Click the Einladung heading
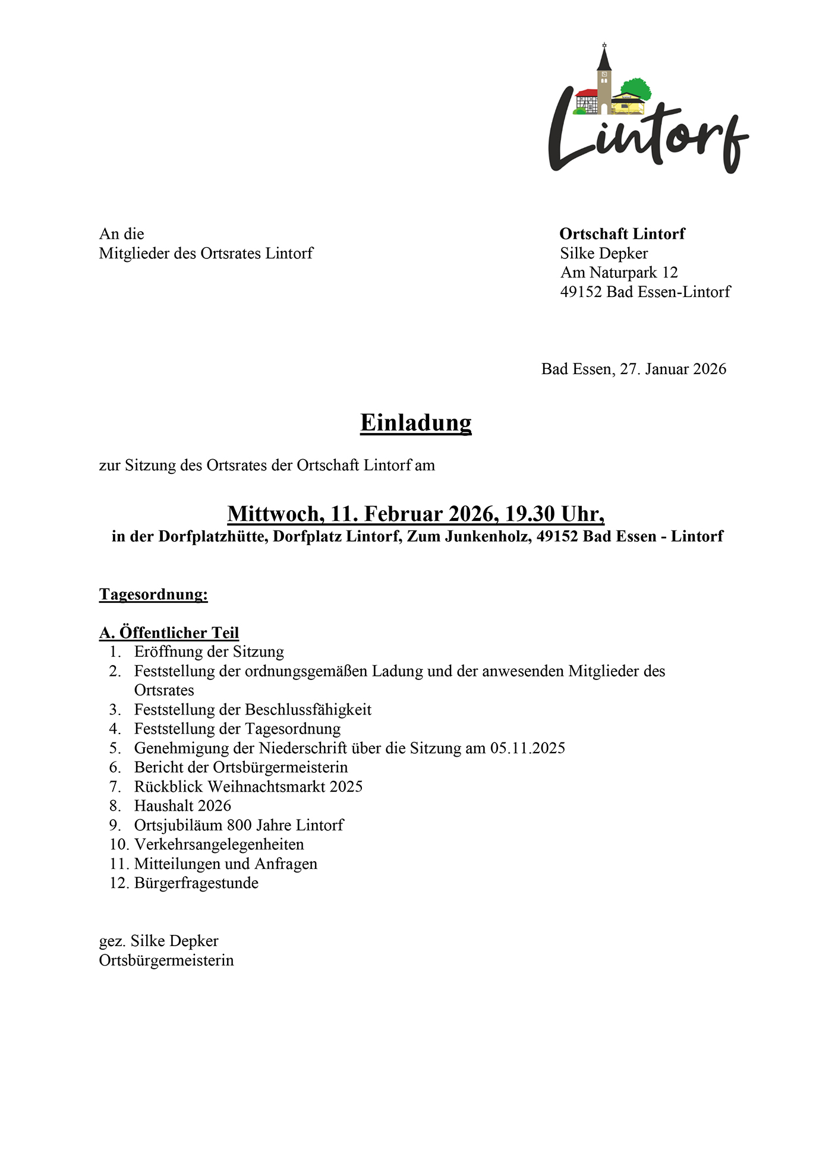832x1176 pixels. [415, 423]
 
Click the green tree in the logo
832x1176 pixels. [637, 88]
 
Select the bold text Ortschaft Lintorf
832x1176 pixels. [622, 234]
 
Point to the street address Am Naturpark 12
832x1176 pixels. [619, 273]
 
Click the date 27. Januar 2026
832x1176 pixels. [673, 369]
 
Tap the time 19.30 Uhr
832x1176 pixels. [554, 514]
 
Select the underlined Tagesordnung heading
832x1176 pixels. [153, 595]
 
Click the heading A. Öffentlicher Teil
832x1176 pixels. [169, 633]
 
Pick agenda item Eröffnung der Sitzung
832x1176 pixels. [209, 652]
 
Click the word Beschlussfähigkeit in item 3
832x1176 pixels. [308, 710]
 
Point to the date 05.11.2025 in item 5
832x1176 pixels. [527, 748]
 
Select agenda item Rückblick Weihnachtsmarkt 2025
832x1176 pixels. [248, 787]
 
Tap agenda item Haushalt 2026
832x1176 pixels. [182, 806]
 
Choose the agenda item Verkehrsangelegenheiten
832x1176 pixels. [219, 845]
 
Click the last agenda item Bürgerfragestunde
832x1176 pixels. [196, 883]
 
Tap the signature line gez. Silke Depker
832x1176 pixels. [159, 941]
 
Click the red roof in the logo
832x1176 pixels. [587, 93]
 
